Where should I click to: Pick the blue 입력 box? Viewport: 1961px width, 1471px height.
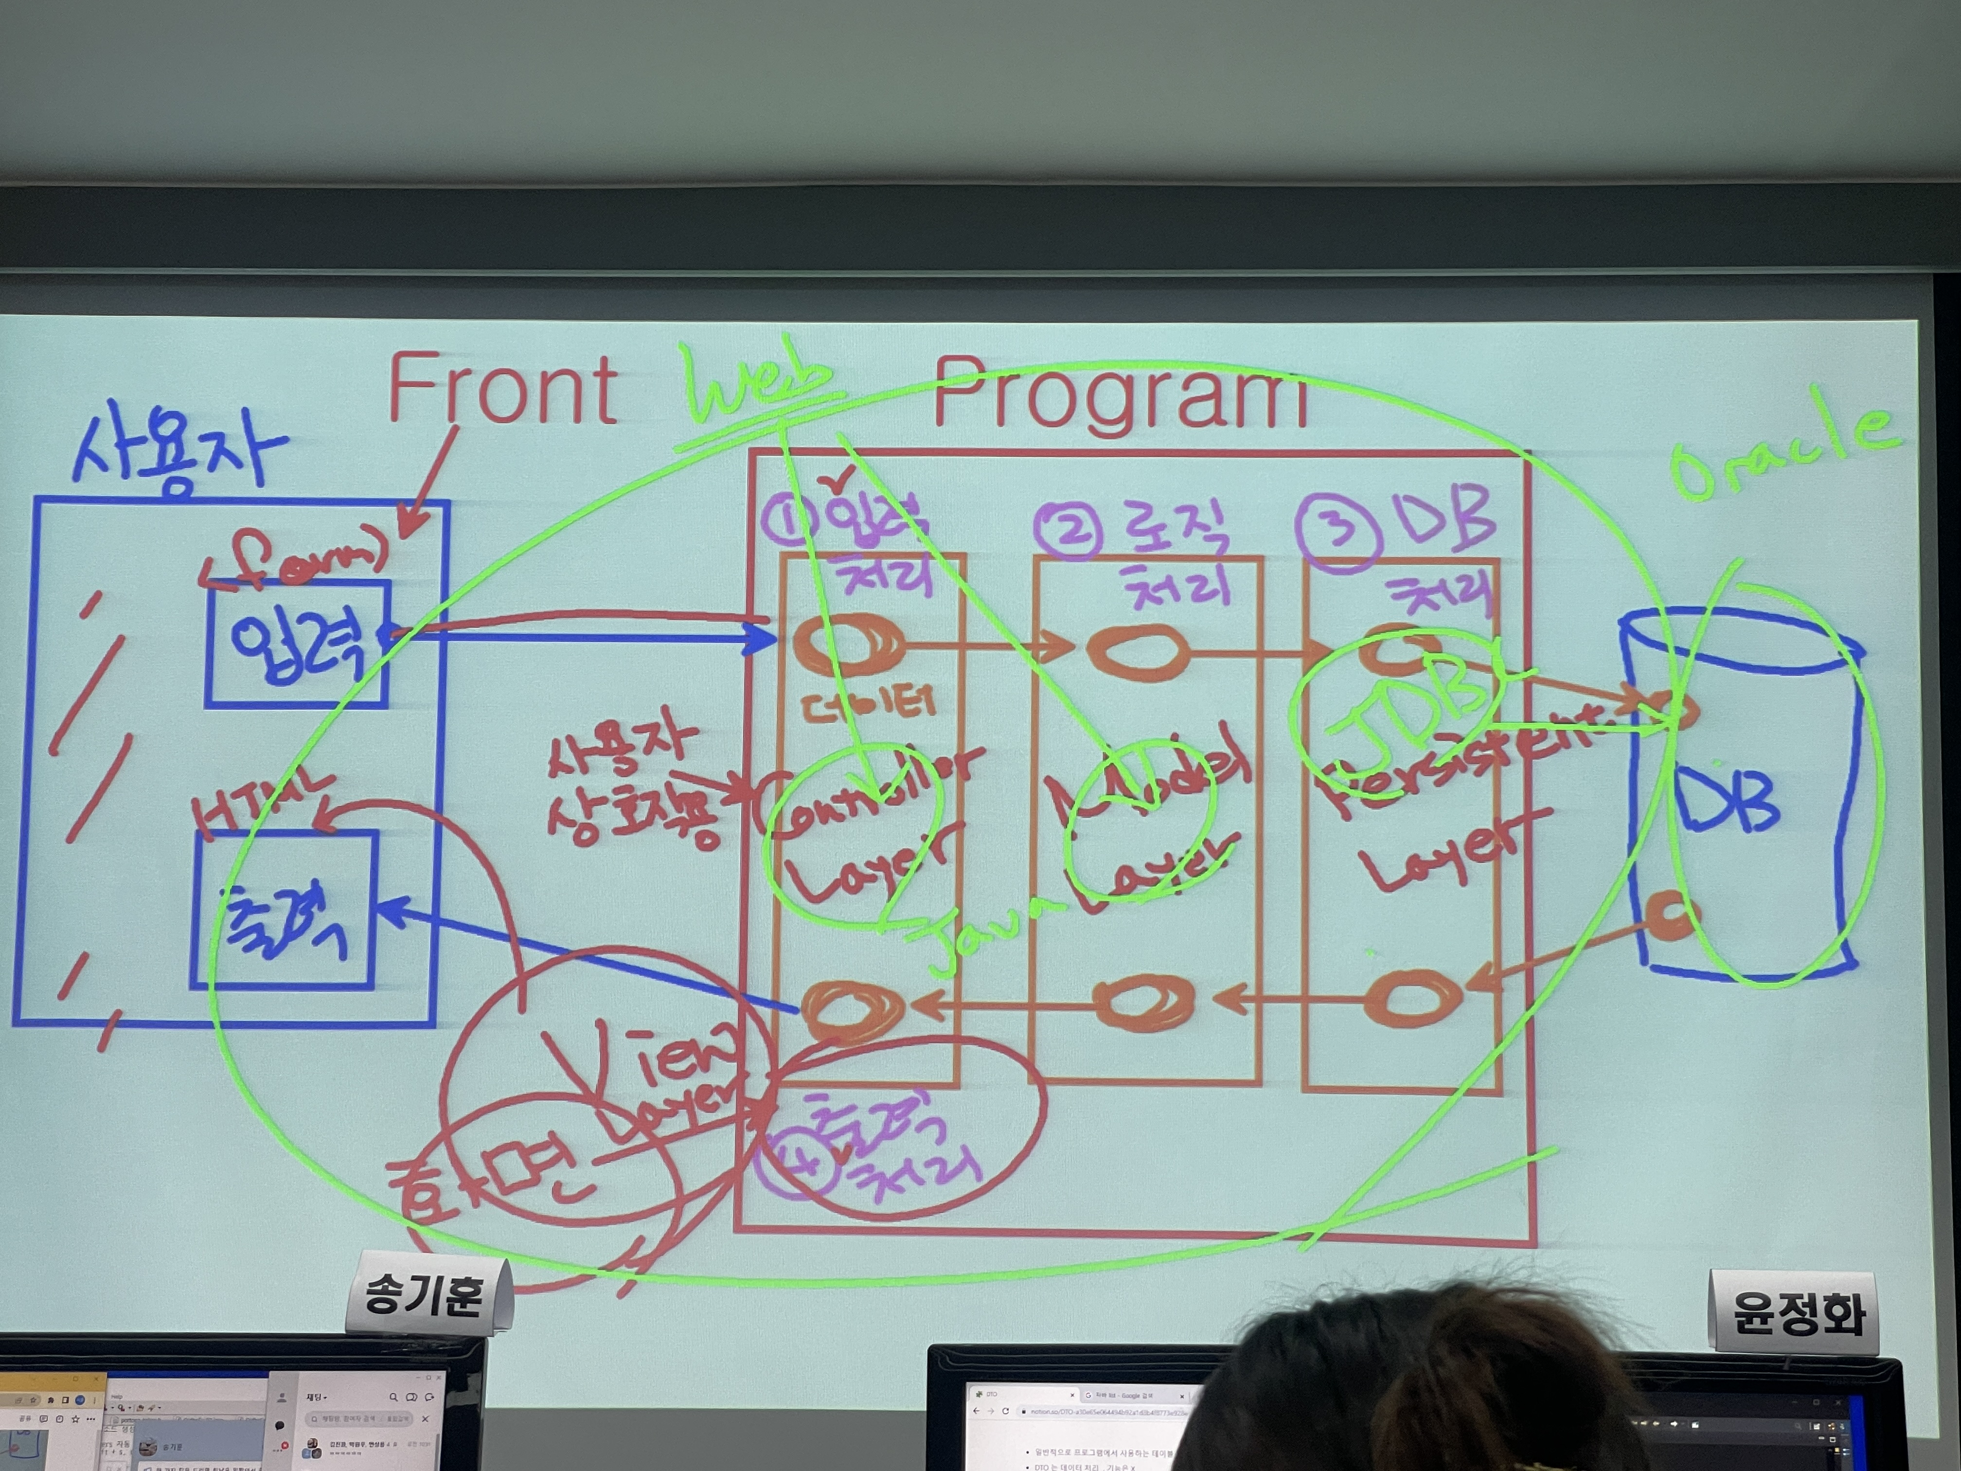click(x=298, y=644)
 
